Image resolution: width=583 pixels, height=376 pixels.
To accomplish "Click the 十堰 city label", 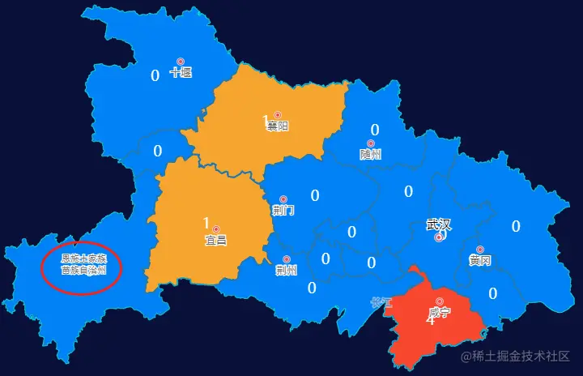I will [181, 73].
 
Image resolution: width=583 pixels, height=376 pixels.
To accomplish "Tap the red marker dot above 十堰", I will [181, 62].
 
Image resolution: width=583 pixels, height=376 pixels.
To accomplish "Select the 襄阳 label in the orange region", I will [278, 126].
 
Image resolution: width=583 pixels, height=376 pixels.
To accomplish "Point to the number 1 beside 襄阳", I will [265, 122].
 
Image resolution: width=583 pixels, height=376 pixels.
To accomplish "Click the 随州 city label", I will [370, 154].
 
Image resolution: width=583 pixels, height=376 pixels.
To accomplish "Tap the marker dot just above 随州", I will [371, 143].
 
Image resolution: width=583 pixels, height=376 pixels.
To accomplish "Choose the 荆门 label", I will [283, 211].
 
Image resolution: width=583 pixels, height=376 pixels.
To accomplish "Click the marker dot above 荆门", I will [283, 199].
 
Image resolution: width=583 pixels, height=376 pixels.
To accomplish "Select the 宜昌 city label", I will [215, 240].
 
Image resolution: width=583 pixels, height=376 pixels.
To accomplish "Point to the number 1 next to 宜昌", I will [206, 223].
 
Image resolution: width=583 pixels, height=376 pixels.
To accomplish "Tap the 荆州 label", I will [286, 270].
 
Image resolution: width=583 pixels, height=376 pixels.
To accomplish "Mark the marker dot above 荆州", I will [287, 259].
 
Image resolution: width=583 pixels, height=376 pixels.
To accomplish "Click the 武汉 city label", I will [438, 224].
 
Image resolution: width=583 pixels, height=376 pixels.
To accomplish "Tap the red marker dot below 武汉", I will [439, 238].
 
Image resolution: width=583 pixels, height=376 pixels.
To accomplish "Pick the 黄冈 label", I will [479, 261].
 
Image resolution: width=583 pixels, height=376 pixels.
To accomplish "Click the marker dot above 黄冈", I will [480, 250].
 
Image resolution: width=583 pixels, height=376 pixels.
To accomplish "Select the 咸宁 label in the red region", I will [440, 312].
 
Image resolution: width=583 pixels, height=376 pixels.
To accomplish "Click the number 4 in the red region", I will [430, 320].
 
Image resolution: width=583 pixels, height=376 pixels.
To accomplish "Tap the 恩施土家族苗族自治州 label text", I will [83, 264].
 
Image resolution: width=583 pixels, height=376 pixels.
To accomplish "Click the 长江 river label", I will [381, 303].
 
